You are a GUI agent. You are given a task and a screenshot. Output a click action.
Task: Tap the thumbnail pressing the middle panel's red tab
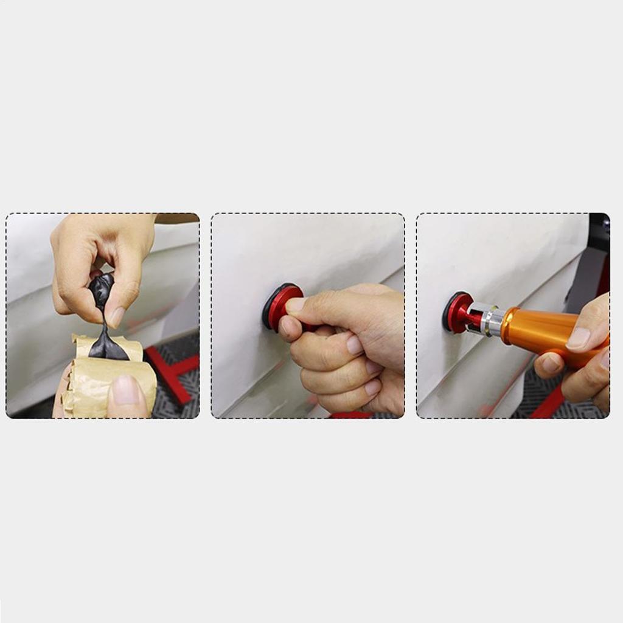tap(297, 306)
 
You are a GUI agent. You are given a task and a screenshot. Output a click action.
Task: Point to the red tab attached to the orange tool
tap(458, 312)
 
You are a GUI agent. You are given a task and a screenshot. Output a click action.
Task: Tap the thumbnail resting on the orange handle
tap(580, 338)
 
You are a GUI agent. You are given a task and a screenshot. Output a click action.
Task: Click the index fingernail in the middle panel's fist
tap(355, 345)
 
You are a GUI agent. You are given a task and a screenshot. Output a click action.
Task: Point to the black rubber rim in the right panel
tap(447, 313)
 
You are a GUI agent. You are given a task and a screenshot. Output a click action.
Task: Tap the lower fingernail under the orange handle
tap(551, 363)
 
